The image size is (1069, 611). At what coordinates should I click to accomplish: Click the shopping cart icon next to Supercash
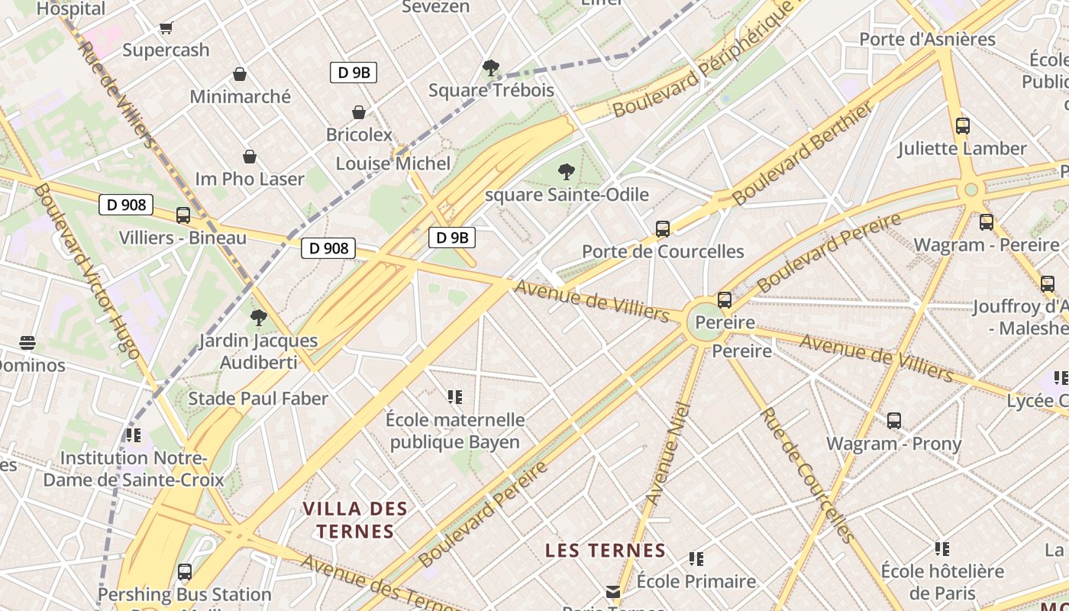tap(166, 28)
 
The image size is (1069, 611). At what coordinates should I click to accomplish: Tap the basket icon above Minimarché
tap(240, 74)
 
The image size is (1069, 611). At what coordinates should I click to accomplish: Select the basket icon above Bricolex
tap(359, 112)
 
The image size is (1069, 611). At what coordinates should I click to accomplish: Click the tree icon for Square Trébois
tap(491, 68)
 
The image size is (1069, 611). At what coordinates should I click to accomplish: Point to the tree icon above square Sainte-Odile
tap(566, 172)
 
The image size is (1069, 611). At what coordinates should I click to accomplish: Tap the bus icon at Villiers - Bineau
tap(183, 215)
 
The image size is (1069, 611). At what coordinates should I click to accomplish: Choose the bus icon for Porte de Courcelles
tap(663, 228)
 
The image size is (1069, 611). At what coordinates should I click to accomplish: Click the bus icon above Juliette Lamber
tap(963, 126)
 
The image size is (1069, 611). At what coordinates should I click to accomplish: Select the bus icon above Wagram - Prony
tap(894, 420)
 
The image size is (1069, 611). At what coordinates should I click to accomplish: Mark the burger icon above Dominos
tap(27, 342)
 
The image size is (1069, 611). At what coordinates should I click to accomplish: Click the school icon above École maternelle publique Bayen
tap(455, 397)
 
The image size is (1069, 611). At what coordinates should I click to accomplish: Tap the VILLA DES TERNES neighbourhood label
tap(355, 519)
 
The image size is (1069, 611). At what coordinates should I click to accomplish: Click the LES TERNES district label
tap(606, 550)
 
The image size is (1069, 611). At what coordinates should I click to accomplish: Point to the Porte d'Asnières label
tap(927, 39)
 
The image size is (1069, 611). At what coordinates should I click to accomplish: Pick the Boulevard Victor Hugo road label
tap(86, 270)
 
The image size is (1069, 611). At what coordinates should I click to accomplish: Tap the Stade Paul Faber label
tap(258, 398)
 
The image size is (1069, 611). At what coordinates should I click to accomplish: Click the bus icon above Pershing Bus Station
tap(184, 571)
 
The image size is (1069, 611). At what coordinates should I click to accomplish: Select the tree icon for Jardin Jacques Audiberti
tap(259, 317)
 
